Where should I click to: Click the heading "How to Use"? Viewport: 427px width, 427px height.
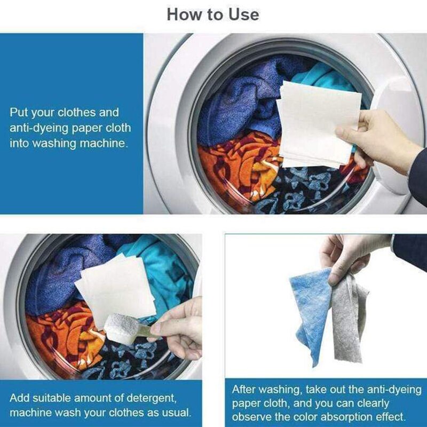click(213, 14)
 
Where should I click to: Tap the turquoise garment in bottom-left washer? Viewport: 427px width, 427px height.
click(160, 267)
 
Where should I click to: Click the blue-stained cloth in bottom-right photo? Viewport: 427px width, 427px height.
click(310, 310)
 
